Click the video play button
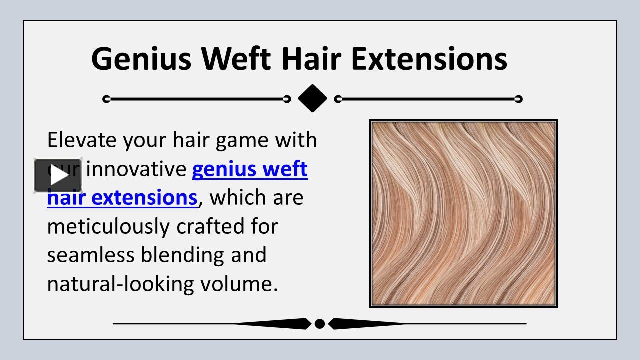coord(58,176)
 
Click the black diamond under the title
coord(312,99)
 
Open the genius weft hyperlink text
coord(250,170)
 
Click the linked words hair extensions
coord(122,198)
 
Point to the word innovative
coord(136,170)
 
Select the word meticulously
coord(108,226)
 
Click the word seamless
coord(91,255)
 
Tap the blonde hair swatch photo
coord(463,213)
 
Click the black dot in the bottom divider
coord(320,324)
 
